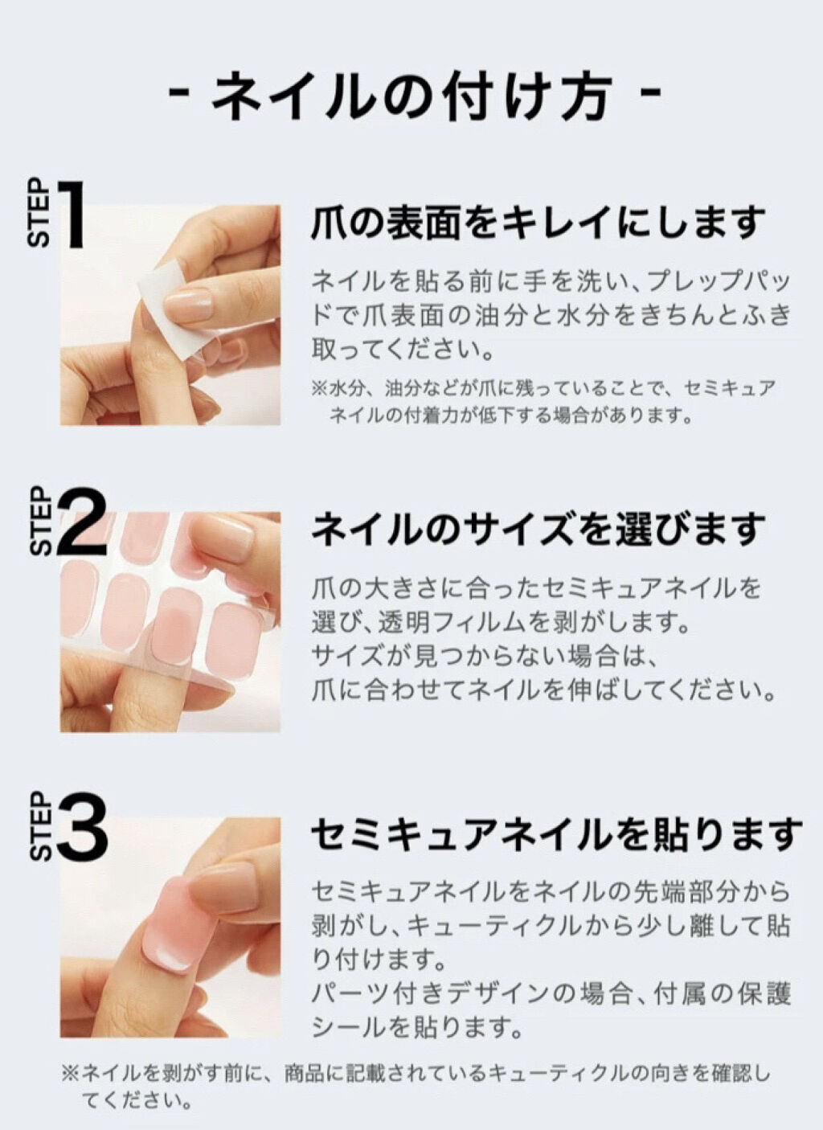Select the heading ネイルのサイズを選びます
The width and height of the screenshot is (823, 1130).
[538, 530]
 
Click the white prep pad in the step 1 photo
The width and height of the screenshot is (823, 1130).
[174, 308]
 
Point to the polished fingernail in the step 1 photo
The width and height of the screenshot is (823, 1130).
[189, 305]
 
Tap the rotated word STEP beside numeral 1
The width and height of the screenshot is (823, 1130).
[39, 212]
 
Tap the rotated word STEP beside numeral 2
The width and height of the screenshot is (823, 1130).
[40, 521]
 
